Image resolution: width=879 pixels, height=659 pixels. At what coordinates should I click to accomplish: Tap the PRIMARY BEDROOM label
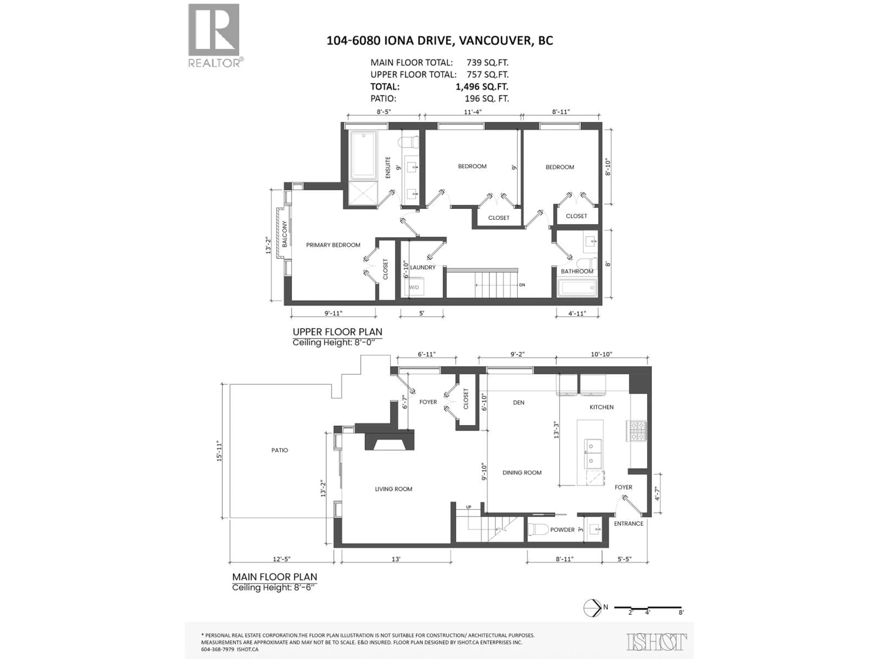[333, 245]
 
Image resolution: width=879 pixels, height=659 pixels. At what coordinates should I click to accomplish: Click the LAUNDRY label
[422, 267]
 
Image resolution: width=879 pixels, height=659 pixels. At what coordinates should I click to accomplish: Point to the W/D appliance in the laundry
[414, 287]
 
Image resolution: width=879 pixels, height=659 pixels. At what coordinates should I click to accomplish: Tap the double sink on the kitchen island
[592, 453]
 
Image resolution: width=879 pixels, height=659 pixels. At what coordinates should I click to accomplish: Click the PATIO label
[279, 450]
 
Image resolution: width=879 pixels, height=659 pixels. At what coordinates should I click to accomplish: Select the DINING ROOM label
[522, 473]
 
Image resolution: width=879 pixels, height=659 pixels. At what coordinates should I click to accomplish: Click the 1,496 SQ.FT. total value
[482, 86]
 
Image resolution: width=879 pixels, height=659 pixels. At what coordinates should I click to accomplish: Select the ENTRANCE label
[628, 524]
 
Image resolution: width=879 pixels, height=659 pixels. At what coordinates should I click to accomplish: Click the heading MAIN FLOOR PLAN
[275, 577]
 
